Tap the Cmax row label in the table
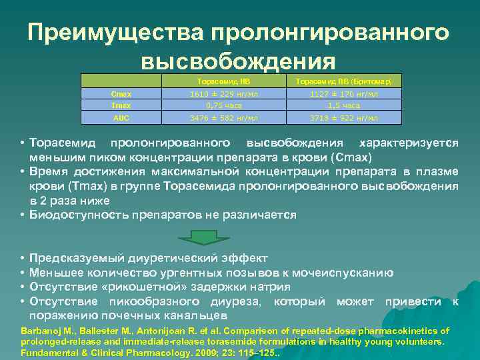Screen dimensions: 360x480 (121, 95)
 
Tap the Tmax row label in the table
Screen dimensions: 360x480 (121, 105)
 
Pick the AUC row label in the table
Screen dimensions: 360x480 (121, 118)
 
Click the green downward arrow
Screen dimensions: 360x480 (198, 237)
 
